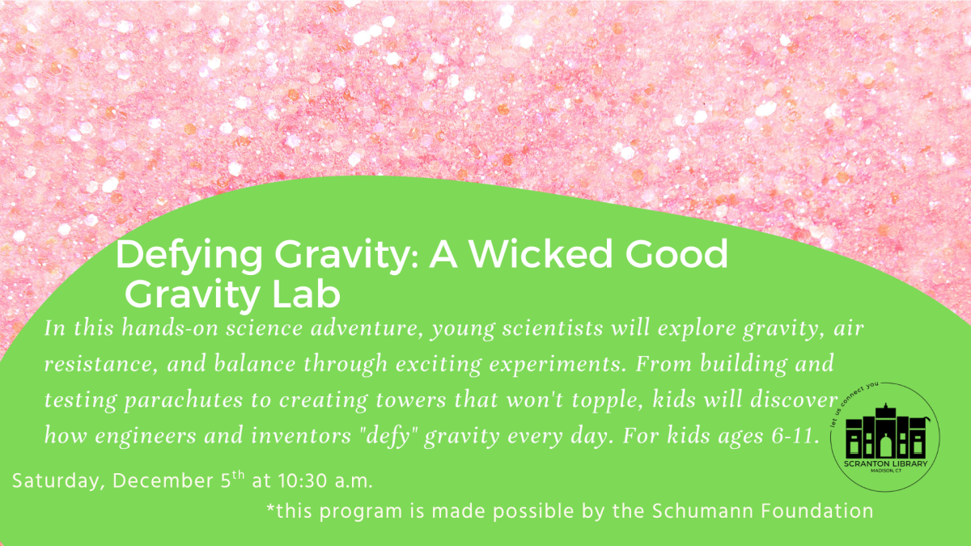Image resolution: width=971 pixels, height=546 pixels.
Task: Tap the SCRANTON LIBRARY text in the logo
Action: coord(884,463)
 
